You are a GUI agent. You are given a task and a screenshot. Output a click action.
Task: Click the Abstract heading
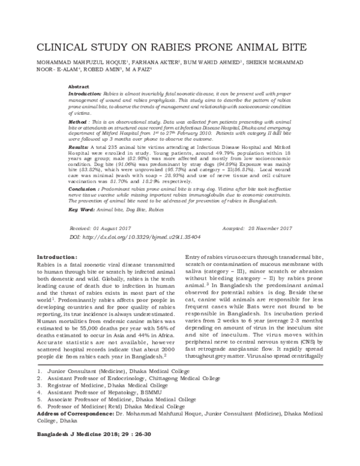coord(79,87)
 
